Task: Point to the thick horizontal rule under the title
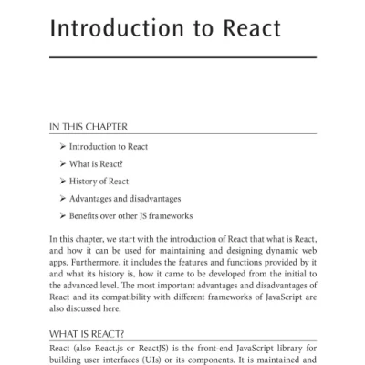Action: (182, 57)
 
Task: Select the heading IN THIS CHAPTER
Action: (89, 127)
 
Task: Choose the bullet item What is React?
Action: (96, 163)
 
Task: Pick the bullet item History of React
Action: (99, 181)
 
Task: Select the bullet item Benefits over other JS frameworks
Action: (131, 216)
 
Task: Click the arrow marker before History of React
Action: (62, 181)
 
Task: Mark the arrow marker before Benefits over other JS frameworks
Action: (62, 216)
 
